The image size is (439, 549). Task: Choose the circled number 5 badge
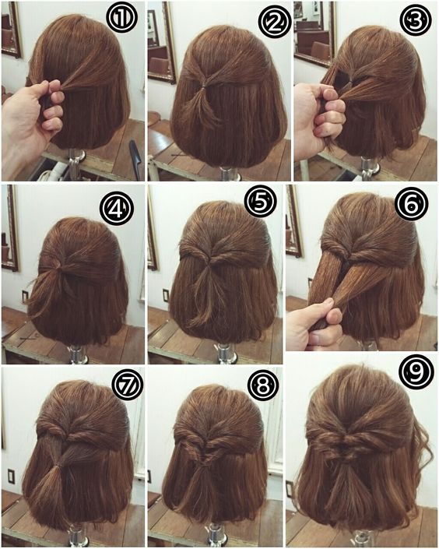tap(261, 202)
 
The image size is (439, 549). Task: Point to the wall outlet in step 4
tap(25, 297)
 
